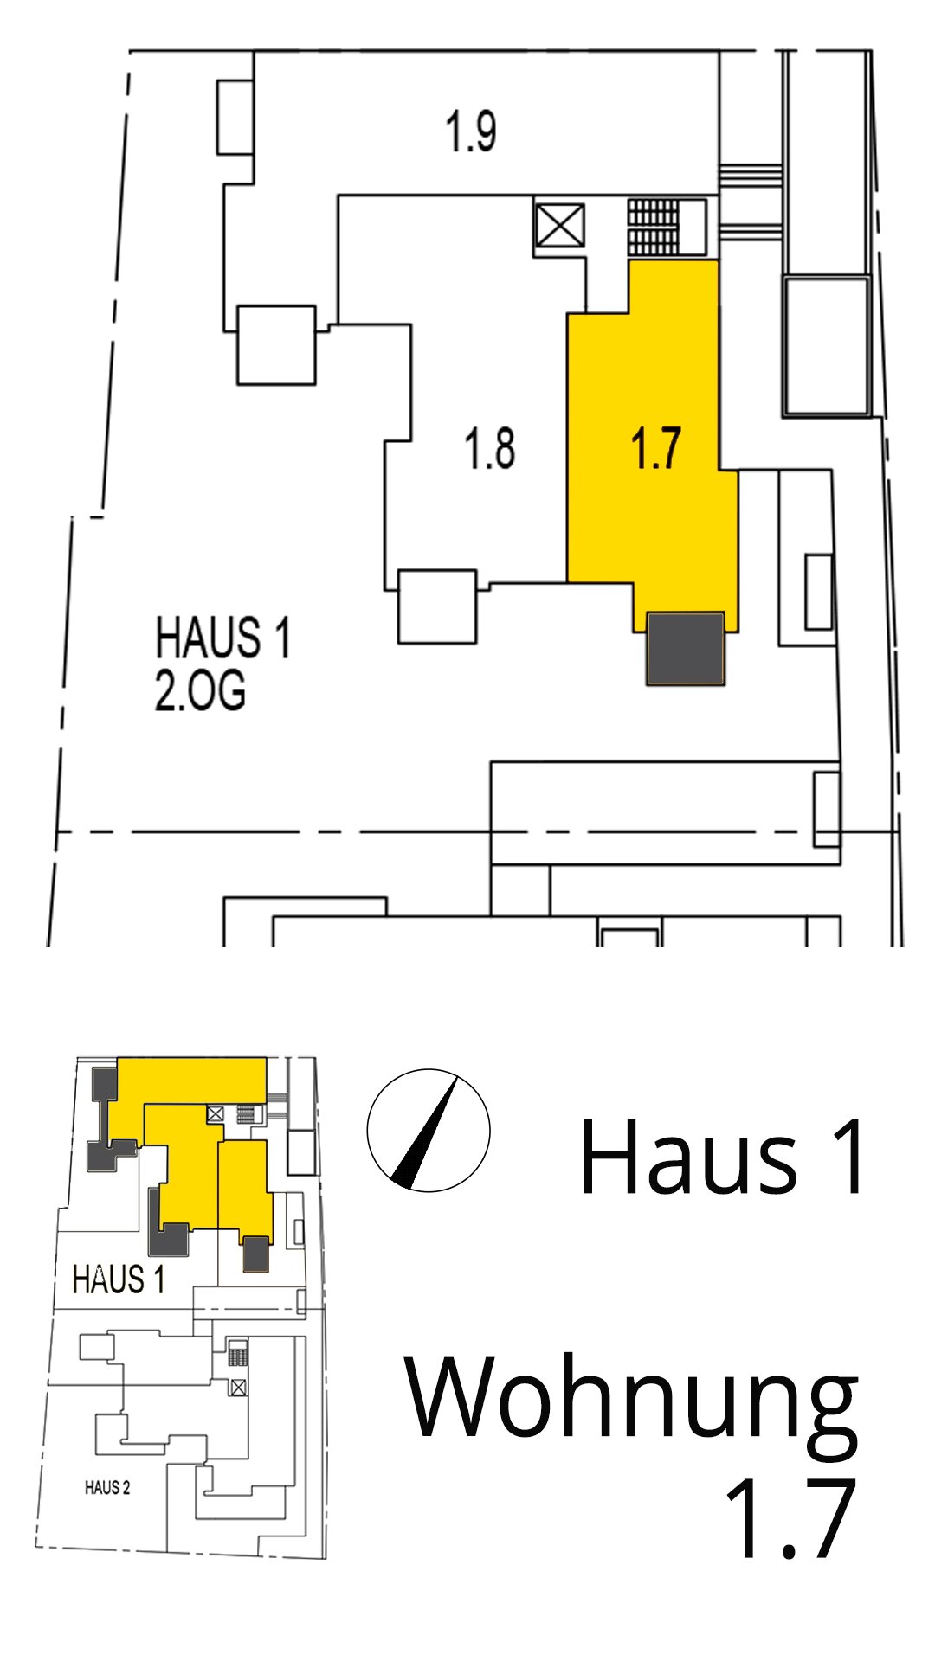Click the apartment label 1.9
point(470,131)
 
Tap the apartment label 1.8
point(490,449)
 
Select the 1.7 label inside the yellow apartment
point(656,448)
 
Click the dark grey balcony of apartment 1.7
point(686,649)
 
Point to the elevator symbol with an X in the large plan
point(559,227)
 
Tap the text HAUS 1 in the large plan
point(222,638)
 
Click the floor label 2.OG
point(200,690)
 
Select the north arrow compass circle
point(429,1131)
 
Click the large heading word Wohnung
point(632,1399)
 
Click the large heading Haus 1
point(722,1158)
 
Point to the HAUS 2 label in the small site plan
point(107,1488)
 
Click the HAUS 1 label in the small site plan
point(119,1279)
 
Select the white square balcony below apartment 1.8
point(437,606)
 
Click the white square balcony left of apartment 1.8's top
point(276,344)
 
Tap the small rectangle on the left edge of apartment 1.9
point(235,118)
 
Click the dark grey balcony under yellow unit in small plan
point(255,1254)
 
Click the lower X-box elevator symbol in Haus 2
point(238,1388)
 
